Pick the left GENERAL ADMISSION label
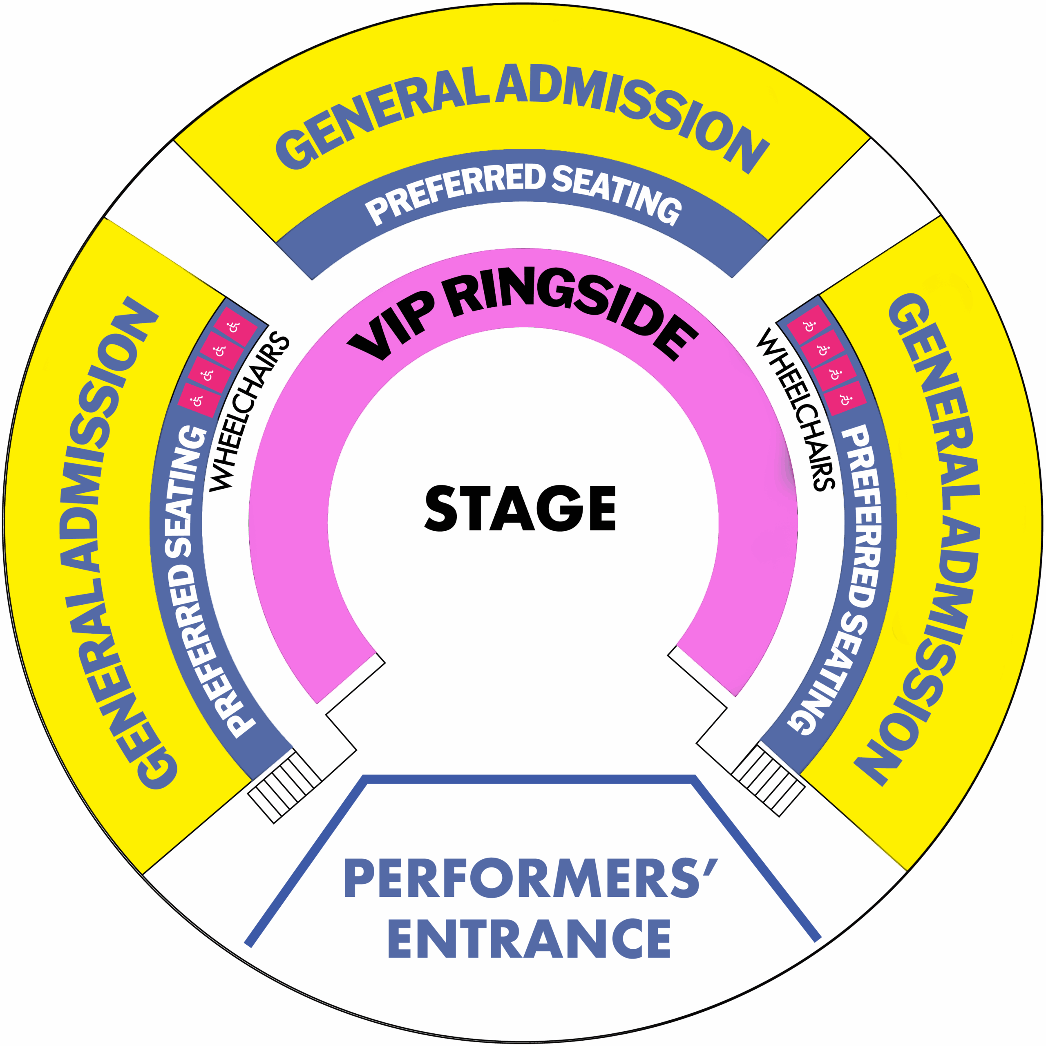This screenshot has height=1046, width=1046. [x=108, y=541]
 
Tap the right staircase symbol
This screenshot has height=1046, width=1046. [x=768, y=780]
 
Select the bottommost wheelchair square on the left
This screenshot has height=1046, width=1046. [x=198, y=400]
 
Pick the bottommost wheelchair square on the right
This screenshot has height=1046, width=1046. [x=844, y=398]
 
